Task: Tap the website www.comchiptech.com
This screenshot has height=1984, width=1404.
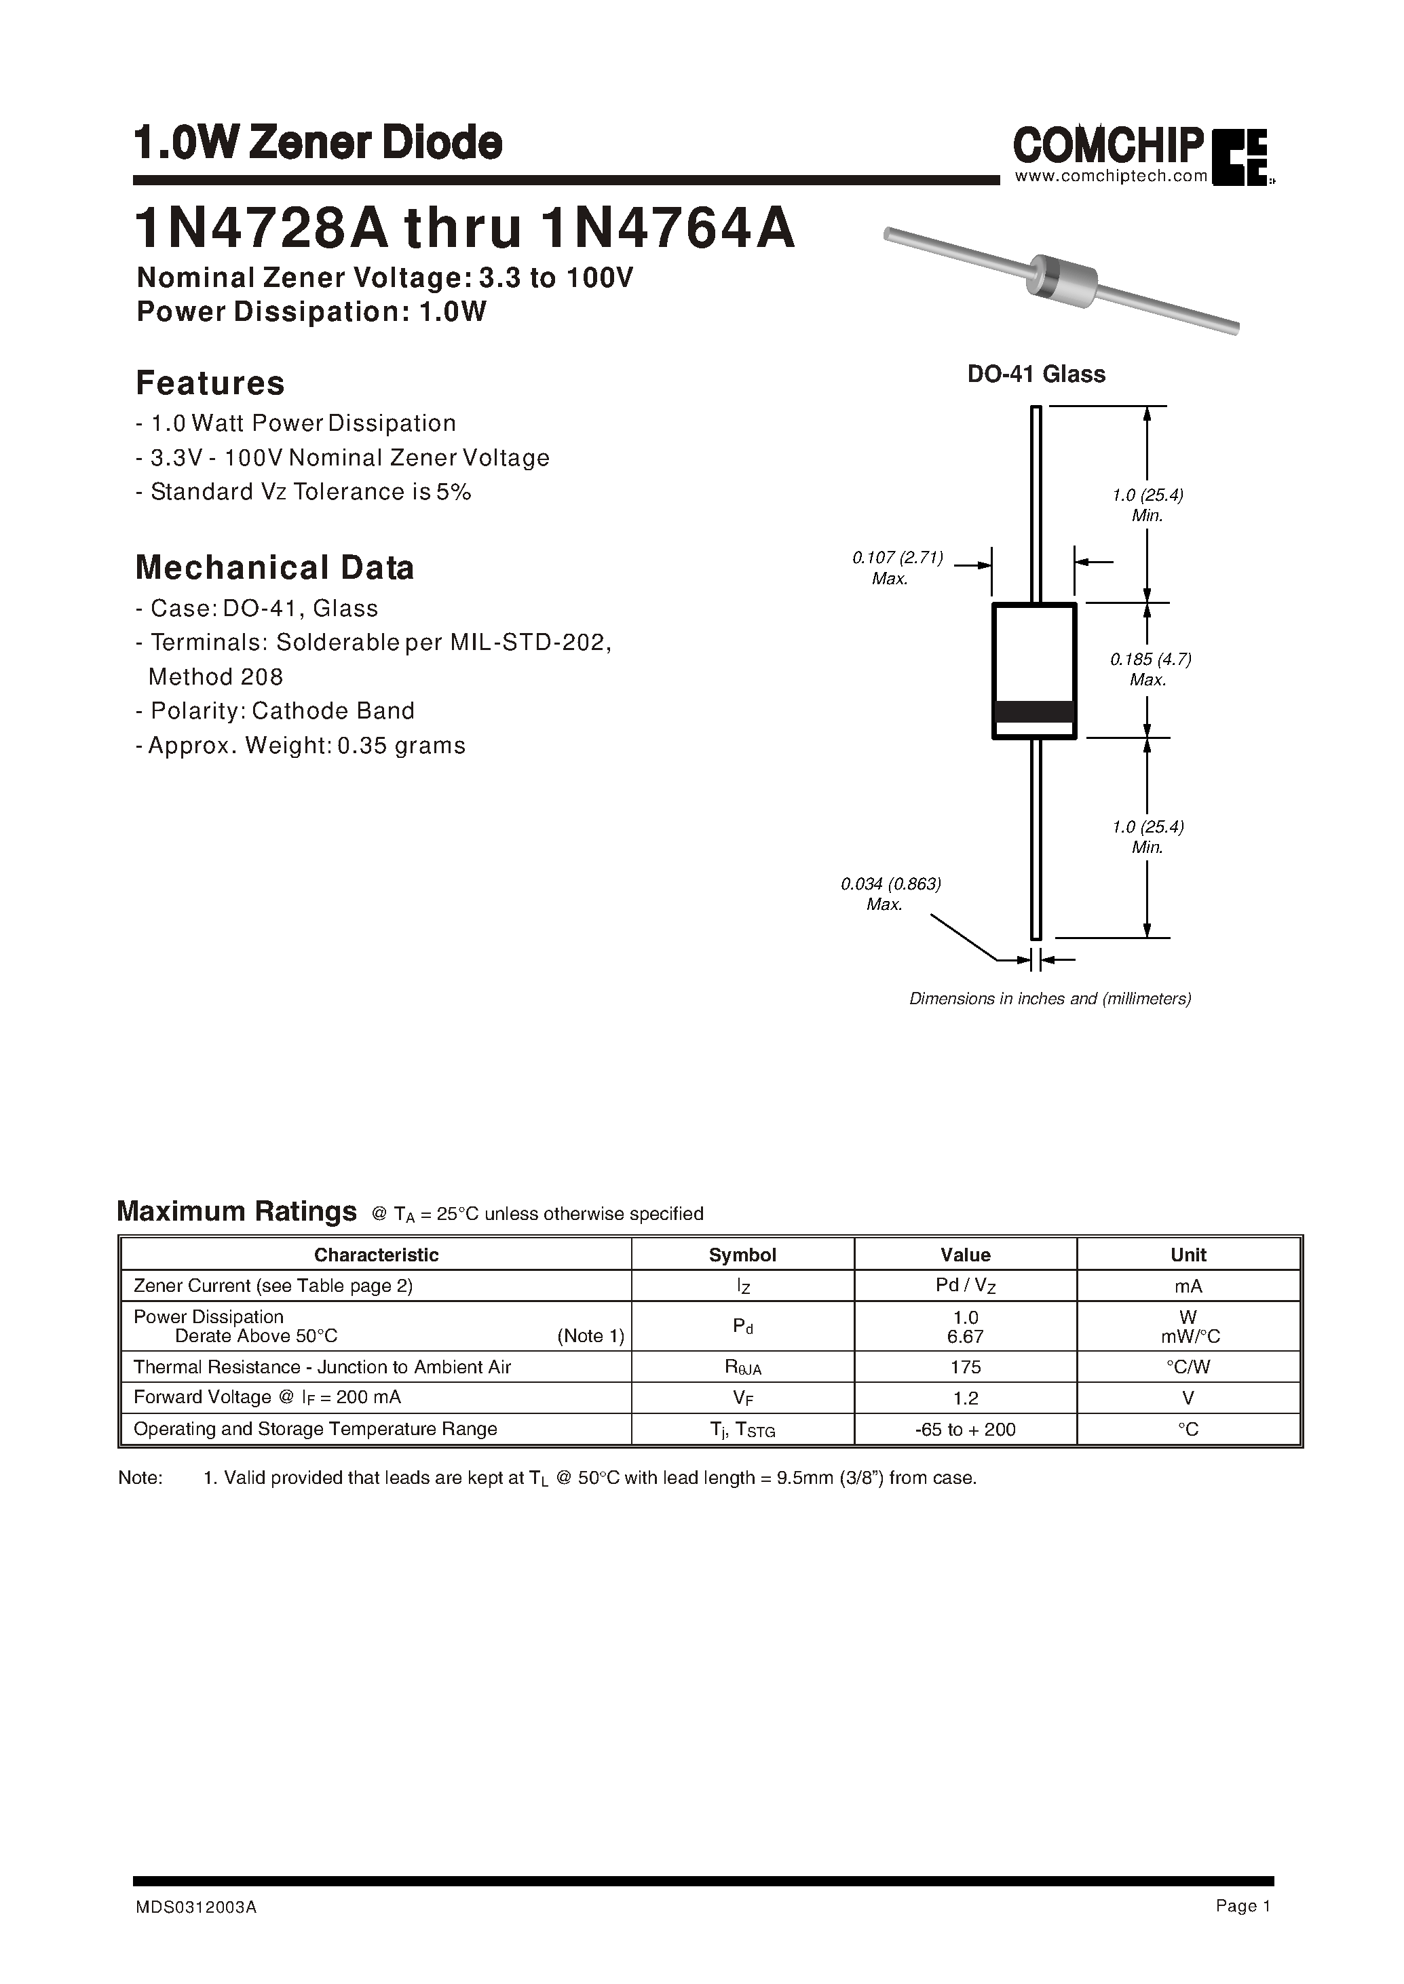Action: pos(1110,176)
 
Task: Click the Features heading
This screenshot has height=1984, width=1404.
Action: pos(210,383)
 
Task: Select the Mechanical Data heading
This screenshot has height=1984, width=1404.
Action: pos(275,568)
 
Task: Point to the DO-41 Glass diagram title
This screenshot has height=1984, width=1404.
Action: pos(1036,375)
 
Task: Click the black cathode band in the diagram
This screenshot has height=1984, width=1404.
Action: pos(1034,712)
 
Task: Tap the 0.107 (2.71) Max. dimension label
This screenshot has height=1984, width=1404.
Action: pos(896,568)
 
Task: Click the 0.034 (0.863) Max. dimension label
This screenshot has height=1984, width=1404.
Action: pos(890,894)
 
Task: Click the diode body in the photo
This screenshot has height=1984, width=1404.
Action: pos(1060,278)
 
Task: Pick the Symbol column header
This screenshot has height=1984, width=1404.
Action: pos(742,1255)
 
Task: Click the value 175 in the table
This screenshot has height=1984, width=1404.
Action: pos(965,1367)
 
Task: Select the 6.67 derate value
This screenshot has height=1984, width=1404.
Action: pos(965,1337)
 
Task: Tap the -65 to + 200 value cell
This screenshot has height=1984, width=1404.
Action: pos(965,1429)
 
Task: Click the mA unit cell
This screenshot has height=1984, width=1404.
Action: pos(1188,1286)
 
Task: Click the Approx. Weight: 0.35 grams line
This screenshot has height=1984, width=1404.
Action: pos(301,745)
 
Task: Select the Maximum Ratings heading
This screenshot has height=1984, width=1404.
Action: pos(236,1211)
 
